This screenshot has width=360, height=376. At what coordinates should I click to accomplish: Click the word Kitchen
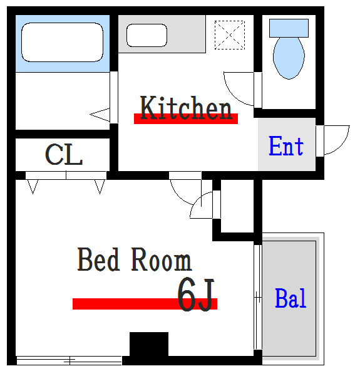click(x=186, y=108)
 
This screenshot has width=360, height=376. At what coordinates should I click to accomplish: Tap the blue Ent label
click(x=286, y=147)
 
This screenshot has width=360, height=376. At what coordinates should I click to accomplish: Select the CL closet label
click(x=64, y=154)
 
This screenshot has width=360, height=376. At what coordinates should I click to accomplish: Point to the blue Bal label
click(x=291, y=299)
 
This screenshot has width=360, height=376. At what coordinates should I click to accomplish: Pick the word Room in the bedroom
click(x=162, y=260)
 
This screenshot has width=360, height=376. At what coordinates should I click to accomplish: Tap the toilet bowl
click(x=289, y=58)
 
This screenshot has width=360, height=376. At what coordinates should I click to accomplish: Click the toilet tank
click(x=289, y=27)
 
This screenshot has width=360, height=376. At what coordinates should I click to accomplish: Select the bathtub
click(x=62, y=43)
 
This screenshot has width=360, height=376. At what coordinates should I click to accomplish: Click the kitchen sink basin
click(x=147, y=35)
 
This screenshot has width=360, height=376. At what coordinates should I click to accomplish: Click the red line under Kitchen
click(x=186, y=119)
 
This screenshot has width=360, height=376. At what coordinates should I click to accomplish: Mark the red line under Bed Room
click(x=145, y=304)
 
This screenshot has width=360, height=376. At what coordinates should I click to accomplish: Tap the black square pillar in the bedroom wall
click(x=149, y=345)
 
